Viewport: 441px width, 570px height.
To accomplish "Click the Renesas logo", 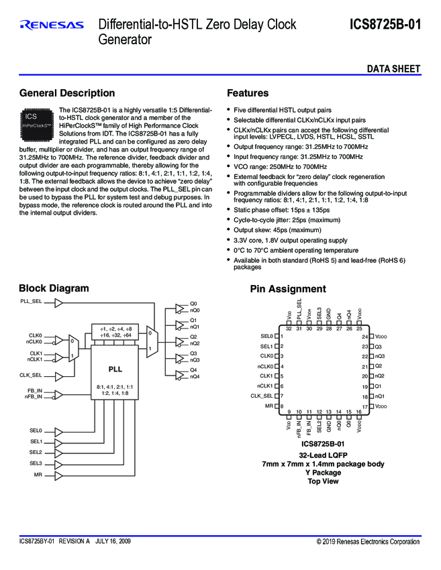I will pyautogui.click(x=52, y=25).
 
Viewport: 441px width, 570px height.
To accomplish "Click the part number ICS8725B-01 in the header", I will pyautogui.click(x=385, y=25).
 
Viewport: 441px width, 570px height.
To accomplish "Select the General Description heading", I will pyautogui.click(x=67, y=93).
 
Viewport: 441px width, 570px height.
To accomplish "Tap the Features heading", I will pyautogui.click(x=248, y=93).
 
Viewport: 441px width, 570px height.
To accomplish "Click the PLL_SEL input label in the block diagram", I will pyautogui.click(x=31, y=302).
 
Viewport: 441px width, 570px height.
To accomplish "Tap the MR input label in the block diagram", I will pyautogui.click(x=38, y=475).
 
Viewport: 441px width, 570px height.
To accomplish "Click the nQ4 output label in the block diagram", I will pyautogui.click(x=195, y=376).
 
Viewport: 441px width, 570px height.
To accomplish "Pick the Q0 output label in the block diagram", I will pyautogui.click(x=193, y=304).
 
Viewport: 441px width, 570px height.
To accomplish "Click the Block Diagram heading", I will pyautogui.click(x=54, y=288).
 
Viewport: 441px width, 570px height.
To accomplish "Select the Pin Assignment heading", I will pyautogui.click(x=287, y=289).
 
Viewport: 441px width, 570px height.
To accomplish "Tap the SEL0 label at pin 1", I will pyautogui.click(x=267, y=336).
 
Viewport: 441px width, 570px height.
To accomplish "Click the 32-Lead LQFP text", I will pyautogui.click(x=322, y=455).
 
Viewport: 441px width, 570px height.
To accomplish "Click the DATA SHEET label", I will pyautogui.click(x=393, y=69).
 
